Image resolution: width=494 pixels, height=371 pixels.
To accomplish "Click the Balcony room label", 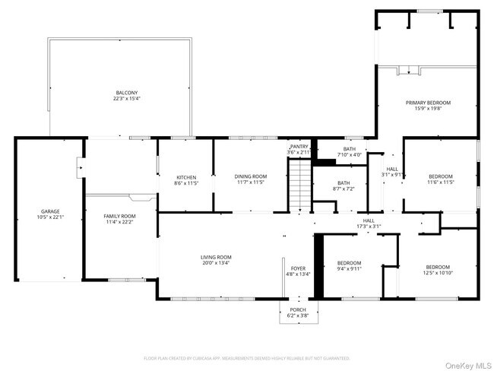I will point(126,92).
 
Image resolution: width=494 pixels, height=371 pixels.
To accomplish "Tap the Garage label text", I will point(50,211).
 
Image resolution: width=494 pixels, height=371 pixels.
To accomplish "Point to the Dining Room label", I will point(250,176).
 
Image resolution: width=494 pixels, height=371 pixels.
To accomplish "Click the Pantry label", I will point(299,146).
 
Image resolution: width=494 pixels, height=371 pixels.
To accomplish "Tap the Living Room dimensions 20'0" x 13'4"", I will point(216,263).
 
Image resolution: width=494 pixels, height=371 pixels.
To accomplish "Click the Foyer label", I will point(297,268).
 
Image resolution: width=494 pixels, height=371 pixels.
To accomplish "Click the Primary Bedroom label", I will point(428,103).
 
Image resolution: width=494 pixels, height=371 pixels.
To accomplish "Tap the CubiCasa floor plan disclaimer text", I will point(247,357).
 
